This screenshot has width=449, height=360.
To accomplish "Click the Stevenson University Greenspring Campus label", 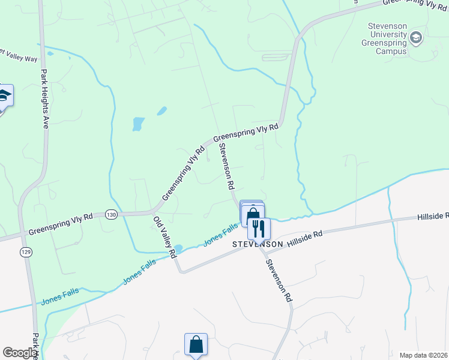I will [x=385, y=39].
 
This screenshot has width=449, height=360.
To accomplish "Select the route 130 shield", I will [x=110, y=214].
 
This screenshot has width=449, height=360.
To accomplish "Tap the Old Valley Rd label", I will [x=164, y=236].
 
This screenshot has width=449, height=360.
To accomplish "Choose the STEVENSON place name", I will [x=258, y=245].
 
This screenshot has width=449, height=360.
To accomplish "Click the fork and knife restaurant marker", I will [x=259, y=229].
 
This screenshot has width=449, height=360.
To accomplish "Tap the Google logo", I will [x=20, y=353].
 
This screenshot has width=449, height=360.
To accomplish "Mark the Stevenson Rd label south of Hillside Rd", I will [x=279, y=280].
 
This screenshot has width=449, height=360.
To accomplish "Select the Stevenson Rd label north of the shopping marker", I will [x=226, y=166].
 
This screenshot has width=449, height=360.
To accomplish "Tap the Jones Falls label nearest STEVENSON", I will [x=220, y=234].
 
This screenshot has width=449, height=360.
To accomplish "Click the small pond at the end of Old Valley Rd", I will [x=178, y=248].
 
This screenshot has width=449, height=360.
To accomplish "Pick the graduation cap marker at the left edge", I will [x=4, y=96].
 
